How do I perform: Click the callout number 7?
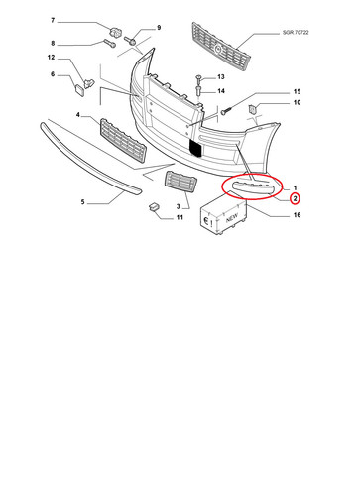tap(53, 21)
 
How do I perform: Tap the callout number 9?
tap(159, 28)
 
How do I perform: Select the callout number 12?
tap(51, 58)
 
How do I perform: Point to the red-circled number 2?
tap(295, 198)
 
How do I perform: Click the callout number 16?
tap(297, 215)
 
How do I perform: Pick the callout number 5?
tap(82, 202)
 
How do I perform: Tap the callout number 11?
tap(180, 217)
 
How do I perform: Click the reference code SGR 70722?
tap(296, 33)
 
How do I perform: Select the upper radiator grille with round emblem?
tap(221, 46)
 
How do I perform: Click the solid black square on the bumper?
tap(195, 148)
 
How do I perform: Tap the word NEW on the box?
tap(232, 218)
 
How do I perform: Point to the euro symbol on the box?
tap(206, 221)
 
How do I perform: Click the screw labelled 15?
tap(225, 111)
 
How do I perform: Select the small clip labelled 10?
tap(253, 108)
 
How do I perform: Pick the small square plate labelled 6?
tap(79, 89)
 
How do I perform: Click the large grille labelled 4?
tap(123, 140)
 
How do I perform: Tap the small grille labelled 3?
tap(180, 181)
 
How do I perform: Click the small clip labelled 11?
tap(154, 206)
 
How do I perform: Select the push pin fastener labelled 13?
tap(198, 78)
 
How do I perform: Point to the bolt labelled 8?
tap(110, 43)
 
